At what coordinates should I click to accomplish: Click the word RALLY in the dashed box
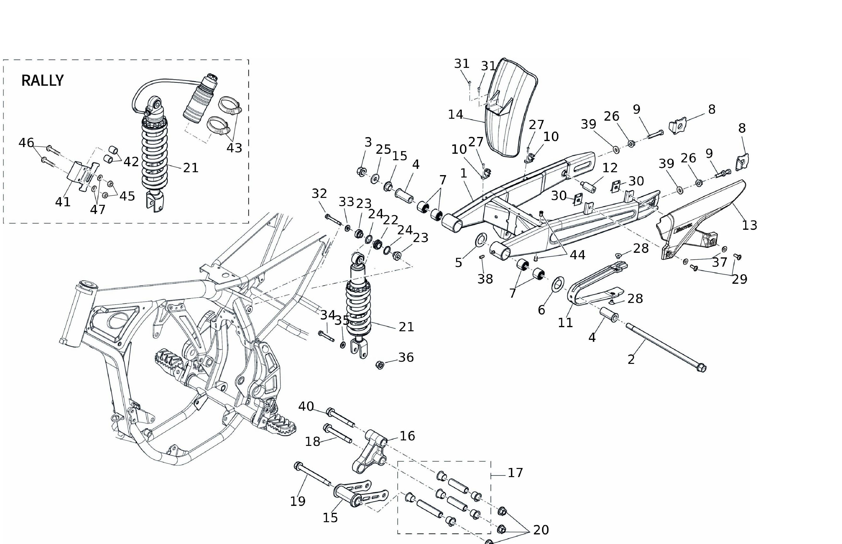tap(42, 81)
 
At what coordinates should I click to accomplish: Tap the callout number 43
tap(234, 148)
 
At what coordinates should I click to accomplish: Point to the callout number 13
tap(749, 225)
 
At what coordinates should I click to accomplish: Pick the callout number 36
tap(406, 357)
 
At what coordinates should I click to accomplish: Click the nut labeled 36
tap(380, 365)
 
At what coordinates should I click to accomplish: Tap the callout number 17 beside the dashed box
tap(515, 473)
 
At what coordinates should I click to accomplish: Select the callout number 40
tap(306, 407)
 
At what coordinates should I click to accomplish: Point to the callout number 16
tap(407, 436)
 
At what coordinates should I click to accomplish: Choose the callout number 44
tap(577, 255)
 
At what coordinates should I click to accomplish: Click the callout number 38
tap(485, 279)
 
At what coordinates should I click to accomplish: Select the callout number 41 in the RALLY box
tap(63, 202)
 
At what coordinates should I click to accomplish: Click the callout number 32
tap(319, 194)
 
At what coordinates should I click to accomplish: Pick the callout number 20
tap(541, 530)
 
